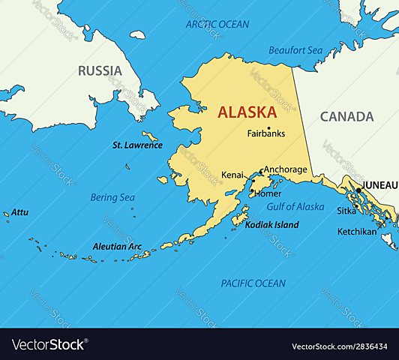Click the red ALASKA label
[x=247, y=112]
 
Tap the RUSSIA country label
[x=100, y=71]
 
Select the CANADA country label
[x=346, y=116]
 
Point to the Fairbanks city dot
[x=268, y=127]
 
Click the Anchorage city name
[x=286, y=169]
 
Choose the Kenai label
[x=232, y=175]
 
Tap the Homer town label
[x=268, y=193]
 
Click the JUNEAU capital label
[x=379, y=184]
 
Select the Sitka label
[x=346, y=211]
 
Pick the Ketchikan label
[x=356, y=232]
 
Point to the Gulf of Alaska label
[x=295, y=206]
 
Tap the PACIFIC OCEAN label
[x=253, y=283]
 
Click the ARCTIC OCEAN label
[x=217, y=24]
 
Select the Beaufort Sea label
[x=295, y=50]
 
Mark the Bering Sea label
[x=112, y=197]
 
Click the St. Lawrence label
[x=137, y=145]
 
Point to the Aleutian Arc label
[x=116, y=246]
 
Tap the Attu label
[x=19, y=212]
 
